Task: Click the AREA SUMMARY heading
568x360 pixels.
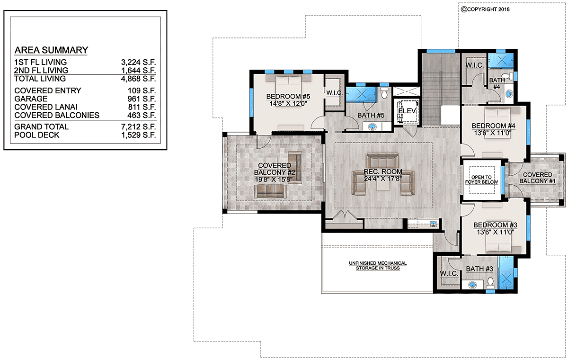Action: point(51,50)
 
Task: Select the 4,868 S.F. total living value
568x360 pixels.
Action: point(138,79)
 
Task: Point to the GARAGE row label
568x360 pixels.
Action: point(31,99)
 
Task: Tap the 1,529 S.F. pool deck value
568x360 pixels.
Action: point(138,135)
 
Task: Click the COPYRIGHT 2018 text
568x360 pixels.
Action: point(485,9)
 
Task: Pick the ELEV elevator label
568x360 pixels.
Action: point(407,111)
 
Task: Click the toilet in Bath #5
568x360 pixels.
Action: point(384,93)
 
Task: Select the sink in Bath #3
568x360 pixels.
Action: point(472,285)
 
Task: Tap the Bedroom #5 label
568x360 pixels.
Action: point(288,97)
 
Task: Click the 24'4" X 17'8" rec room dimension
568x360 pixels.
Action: point(382,179)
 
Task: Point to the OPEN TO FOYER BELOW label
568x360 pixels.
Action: point(481,180)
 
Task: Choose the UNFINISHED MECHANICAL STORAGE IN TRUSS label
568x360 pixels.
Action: point(378,266)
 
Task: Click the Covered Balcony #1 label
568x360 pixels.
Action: point(537,178)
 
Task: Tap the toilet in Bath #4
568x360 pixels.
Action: point(507,76)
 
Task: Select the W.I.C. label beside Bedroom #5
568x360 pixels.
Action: point(335,93)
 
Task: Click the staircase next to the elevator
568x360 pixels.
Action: point(441,89)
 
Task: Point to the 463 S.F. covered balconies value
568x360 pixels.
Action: point(142,115)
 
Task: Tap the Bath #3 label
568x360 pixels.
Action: point(479,269)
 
